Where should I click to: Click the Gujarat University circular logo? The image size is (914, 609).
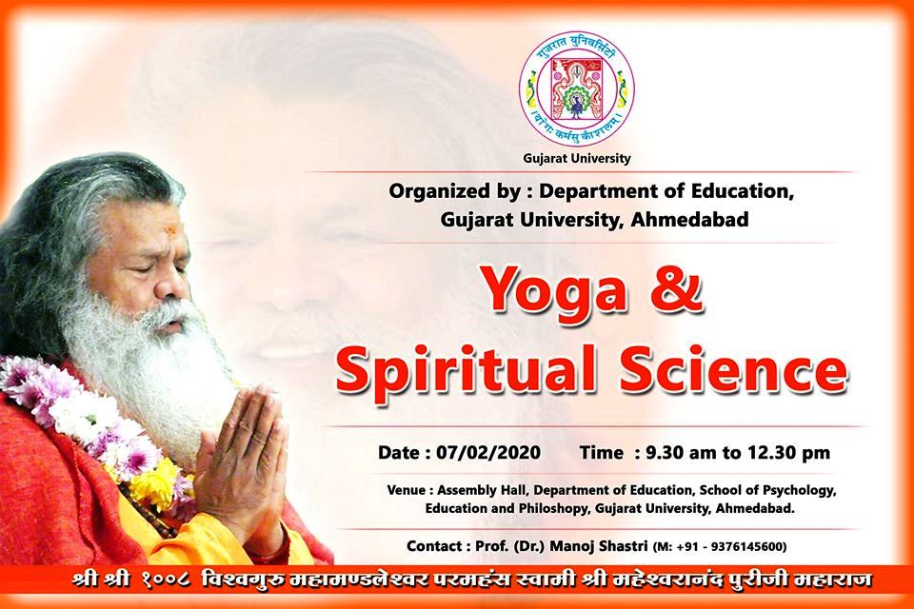(577, 88)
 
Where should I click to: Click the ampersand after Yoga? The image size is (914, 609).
(676, 289)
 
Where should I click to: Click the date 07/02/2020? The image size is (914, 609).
(488, 453)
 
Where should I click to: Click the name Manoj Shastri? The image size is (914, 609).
(599, 546)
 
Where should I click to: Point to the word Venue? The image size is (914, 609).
(407, 490)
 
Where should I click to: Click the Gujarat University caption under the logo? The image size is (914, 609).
(577, 159)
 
